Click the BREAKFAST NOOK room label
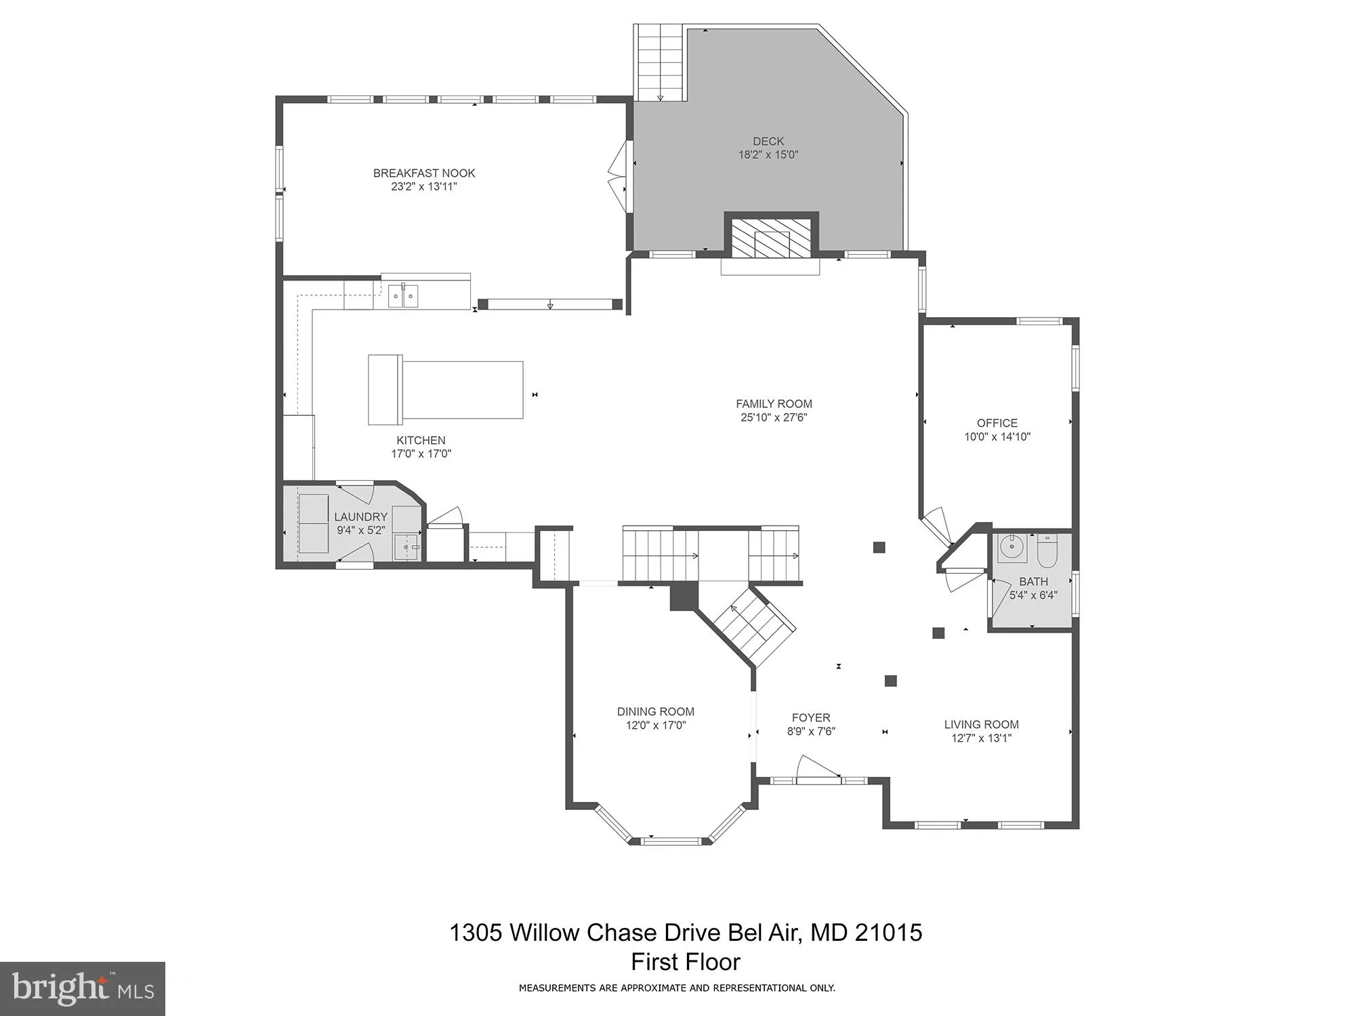424,173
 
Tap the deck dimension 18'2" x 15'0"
768,155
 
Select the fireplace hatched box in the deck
772,238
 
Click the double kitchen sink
403,296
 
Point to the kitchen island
446,389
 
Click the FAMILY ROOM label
774,404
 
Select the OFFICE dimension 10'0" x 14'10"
997,437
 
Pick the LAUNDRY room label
360,517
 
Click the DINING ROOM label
655,711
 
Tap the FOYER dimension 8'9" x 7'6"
811,732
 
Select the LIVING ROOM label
981,724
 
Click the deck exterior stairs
660,62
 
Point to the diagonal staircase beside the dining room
756,627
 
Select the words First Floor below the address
686,962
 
